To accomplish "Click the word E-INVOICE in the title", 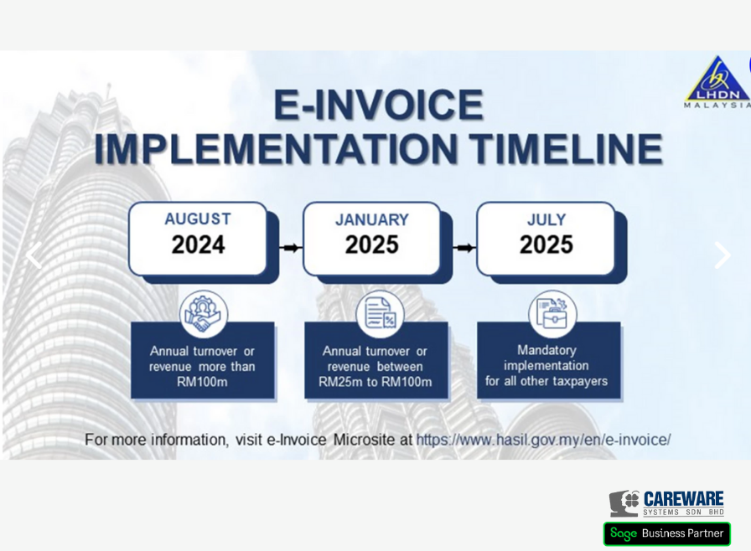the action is coord(378,105).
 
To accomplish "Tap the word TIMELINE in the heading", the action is coord(566,149).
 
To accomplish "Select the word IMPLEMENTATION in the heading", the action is coord(276,149).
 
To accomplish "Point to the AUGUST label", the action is coord(198,219).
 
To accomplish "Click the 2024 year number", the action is coord(199,245).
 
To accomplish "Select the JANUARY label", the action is coord(372,219).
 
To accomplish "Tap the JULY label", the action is coord(546,219).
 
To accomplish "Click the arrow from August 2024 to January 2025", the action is coord(291,248).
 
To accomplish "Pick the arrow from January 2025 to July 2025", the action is coord(464,248).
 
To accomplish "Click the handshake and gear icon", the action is coord(204,314).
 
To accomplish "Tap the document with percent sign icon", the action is coord(380,314).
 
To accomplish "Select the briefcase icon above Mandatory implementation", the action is coord(552,314).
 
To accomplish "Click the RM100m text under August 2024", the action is coord(202,382).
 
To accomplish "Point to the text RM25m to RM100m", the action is coord(375,382).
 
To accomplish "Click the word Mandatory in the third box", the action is coord(546,350).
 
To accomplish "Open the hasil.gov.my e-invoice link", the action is coord(544,440).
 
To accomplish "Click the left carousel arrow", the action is coord(34,255).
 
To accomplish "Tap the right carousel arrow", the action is coord(723,255).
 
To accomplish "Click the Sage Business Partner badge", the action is coord(666,533).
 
